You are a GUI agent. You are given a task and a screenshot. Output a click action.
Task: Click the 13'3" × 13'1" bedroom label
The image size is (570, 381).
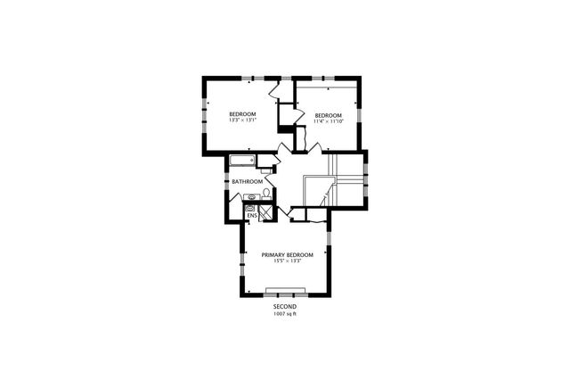pyautogui.click(x=242, y=113)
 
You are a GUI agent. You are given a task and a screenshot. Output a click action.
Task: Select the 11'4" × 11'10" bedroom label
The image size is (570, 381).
pyautogui.click(x=328, y=115)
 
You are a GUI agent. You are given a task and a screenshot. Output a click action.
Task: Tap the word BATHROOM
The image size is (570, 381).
pyautogui.click(x=247, y=182)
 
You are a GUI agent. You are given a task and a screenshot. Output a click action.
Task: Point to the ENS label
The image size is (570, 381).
pyautogui.click(x=251, y=215)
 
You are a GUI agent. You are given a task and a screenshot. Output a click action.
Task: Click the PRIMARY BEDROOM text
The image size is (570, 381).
pyautogui.click(x=288, y=254)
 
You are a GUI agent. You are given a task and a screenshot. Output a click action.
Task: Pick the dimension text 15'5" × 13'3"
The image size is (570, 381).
pyautogui.click(x=288, y=261)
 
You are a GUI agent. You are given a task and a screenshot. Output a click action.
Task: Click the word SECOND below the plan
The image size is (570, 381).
pyautogui.click(x=285, y=306)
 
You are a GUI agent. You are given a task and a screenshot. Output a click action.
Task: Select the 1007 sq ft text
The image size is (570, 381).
pyautogui.click(x=285, y=313)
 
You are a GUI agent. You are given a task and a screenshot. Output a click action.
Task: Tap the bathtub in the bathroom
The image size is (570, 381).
pyautogui.click(x=242, y=162)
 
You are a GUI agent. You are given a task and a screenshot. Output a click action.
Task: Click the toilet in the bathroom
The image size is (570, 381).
pyautogui.click(x=265, y=193)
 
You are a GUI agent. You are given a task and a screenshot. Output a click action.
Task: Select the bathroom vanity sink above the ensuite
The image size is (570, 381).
pyautogui.click(x=252, y=197)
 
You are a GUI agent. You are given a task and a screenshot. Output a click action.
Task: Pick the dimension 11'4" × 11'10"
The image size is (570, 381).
pyautogui.click(x=328, y=121)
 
